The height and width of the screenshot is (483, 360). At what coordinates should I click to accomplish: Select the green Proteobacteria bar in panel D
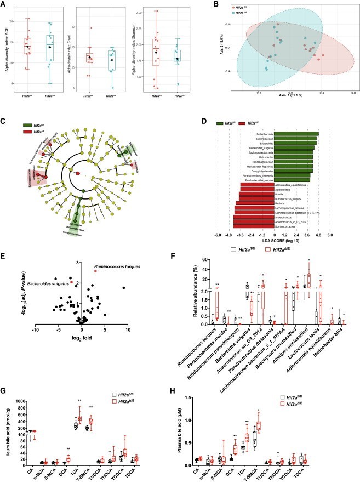(296, 133)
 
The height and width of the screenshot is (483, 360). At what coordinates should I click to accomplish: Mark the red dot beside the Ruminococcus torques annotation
(95, 271)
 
